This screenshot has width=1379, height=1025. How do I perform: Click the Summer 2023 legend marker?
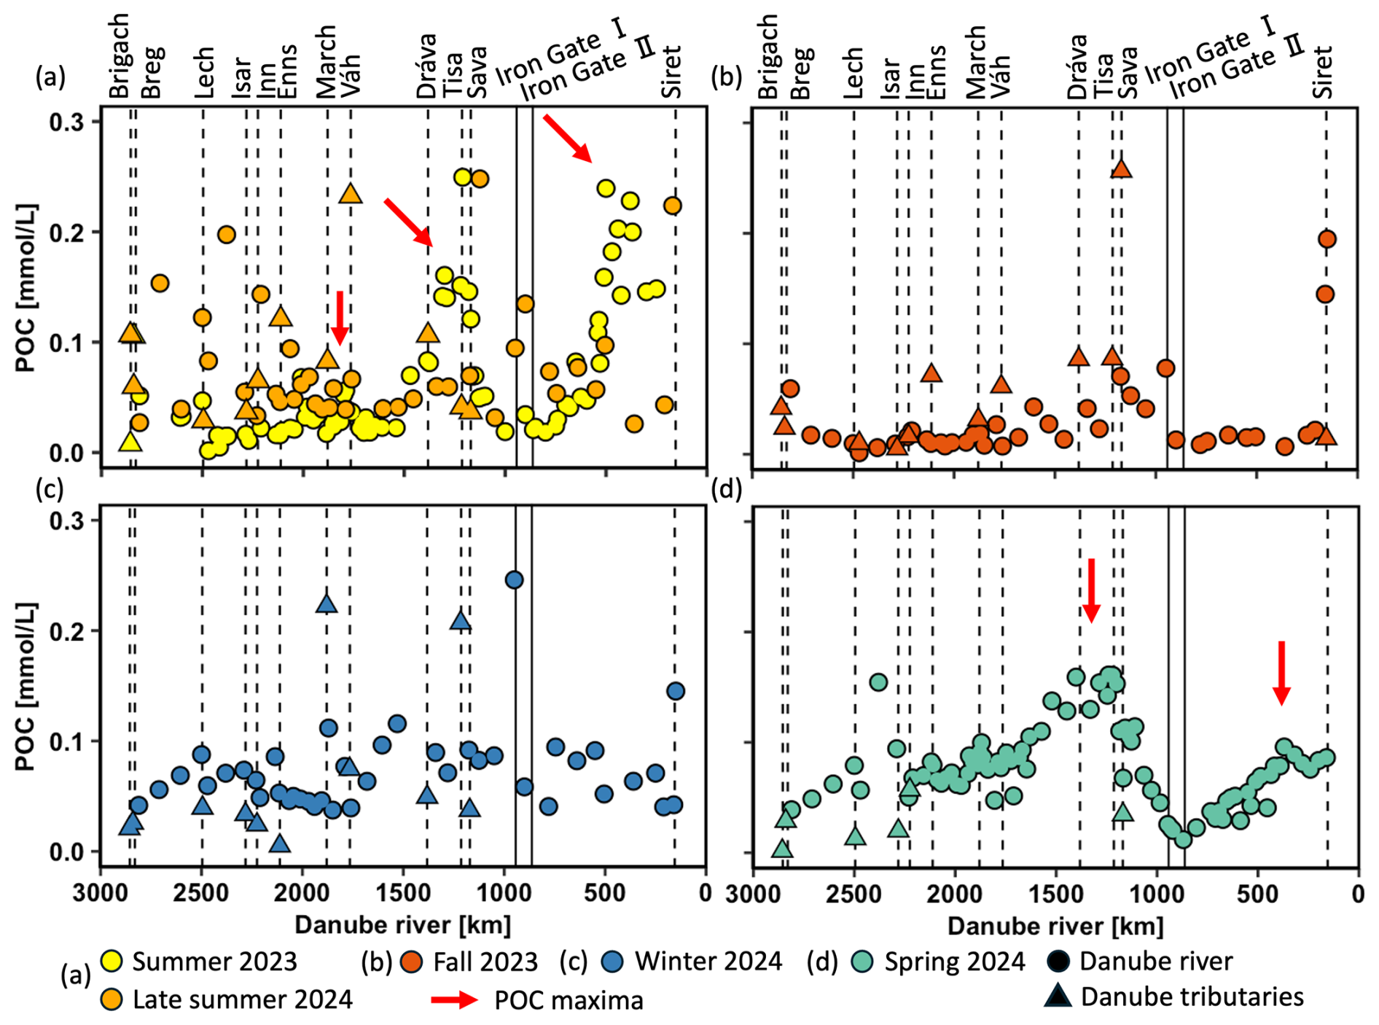coord(112,961)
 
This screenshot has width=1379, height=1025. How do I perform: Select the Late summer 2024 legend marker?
coord(112,999)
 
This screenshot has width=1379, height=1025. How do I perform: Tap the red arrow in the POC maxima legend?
coord(454,999)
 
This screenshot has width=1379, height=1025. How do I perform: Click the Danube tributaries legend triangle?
coord(1058,996)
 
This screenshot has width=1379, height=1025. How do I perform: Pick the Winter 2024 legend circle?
coord(613,961)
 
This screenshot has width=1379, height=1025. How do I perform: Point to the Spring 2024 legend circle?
coord(863,961)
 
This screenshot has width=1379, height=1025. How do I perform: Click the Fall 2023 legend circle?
coord(412,961)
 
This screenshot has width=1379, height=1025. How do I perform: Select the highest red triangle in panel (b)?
coord(1121,168)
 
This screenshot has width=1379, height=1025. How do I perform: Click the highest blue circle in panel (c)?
coord(514,580)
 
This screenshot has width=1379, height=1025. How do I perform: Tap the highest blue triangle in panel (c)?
coord(327,604)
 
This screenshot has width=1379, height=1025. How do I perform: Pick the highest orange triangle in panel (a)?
coord(351,194)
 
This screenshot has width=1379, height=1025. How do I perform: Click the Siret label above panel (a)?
coord(671,71)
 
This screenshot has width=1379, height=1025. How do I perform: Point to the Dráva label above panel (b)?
coord(1078,66)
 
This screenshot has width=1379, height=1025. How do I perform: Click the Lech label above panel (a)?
coord(205,71)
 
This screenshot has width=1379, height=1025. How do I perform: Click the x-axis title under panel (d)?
coord(1055,926)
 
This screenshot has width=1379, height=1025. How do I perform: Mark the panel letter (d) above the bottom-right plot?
coord(727,490)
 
